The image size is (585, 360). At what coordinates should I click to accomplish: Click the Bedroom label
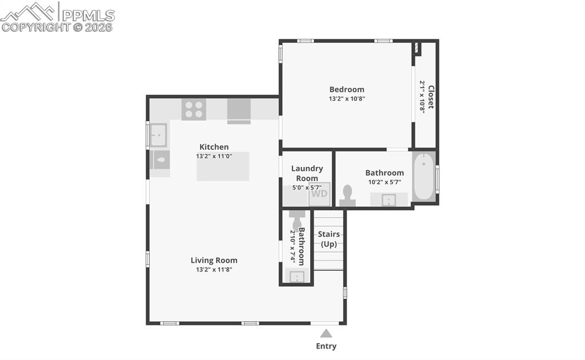tap(347, 89)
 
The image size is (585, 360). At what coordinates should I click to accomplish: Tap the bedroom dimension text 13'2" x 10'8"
tap(347, 98)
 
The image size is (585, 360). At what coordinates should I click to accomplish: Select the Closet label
tap(431, 97)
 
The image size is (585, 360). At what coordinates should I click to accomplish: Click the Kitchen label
tap(214, 147)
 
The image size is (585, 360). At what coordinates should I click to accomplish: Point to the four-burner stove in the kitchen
tap(194, 109)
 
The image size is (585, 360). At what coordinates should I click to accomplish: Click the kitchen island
tap(223, 166)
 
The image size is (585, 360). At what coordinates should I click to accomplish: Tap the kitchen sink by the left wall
tap(158, 135)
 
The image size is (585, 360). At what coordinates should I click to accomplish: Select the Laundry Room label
tap(307, 173)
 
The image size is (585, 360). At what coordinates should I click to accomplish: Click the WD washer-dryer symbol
tap(319, 194)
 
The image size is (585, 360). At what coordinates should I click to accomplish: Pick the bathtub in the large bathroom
tap(424, 176)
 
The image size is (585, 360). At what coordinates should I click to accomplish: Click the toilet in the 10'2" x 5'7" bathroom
tap(347, 195)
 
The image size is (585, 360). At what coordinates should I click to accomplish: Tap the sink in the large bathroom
tap(388, 199)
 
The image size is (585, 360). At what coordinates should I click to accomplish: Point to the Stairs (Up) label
tap(328, 239)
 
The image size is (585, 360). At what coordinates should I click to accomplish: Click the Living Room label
tap(214, 261)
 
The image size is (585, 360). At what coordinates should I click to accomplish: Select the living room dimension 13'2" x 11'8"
tap(214, 269)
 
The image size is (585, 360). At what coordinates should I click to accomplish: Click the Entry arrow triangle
tap(326, 333)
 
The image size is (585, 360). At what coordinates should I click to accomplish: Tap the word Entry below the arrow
tap(326, 346)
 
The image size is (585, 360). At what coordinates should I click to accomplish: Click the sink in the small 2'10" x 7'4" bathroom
tap(296, 277)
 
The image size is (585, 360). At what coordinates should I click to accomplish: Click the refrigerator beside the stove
tap(239, 110)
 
